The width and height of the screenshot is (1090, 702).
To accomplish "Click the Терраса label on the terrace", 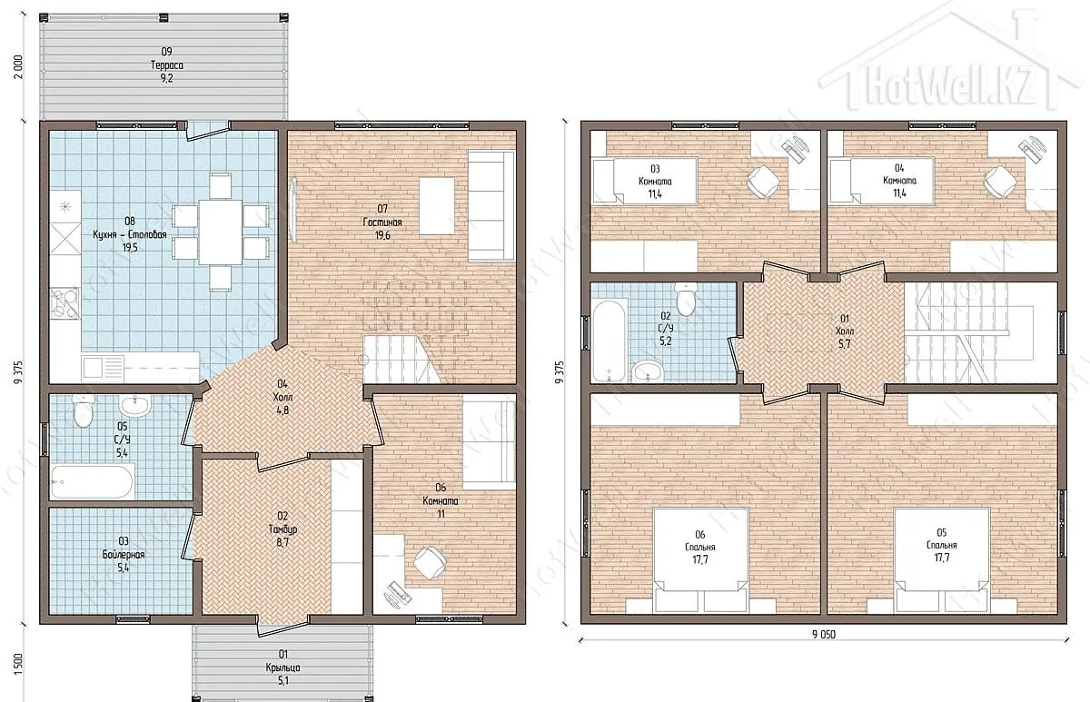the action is [166, 65].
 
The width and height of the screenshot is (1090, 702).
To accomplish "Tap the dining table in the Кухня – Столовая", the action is [221, 232].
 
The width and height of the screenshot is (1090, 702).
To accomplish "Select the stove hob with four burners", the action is [65, 303].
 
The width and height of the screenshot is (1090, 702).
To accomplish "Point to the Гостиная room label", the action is [382, 222].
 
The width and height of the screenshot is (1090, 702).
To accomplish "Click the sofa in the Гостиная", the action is [491, 206].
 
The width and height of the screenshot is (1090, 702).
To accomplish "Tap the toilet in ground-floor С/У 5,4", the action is [83, 412].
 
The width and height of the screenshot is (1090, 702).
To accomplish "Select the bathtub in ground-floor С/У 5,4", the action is [93, 481].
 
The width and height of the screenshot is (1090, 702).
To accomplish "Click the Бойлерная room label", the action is [124, 555].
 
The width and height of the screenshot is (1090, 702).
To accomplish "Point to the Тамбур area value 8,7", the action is [282, 542].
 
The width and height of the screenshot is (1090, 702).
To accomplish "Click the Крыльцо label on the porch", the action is [282, 667].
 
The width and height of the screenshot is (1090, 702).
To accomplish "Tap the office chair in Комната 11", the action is [430, 563].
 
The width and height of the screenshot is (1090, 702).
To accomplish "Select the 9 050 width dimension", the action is [823, 635].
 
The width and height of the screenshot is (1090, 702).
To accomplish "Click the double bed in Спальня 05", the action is [942, 560].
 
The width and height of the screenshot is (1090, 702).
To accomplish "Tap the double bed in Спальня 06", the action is [700, 560].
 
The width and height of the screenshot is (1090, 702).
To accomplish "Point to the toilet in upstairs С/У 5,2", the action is [686, 299].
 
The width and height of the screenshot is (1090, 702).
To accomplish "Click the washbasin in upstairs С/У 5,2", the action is [648, 372].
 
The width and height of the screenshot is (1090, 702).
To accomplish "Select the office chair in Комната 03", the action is [763, 182].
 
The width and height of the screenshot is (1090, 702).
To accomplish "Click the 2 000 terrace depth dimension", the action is [18, 66].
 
